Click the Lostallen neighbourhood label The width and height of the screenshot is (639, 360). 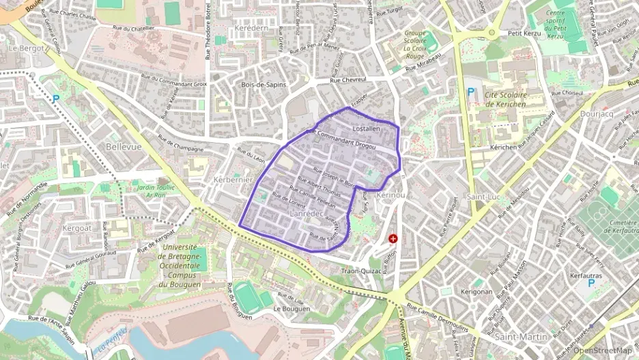pyautogui.click(x=366, y=128)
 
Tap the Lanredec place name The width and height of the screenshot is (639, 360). pyautogui.click(x=306, y=214)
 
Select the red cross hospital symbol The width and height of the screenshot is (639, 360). pyautogui.click(x=393, y=238)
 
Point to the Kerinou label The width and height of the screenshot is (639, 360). pyautogui.click(x=390, y=195)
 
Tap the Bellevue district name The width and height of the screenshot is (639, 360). pyautogui.click(x=124, y=147)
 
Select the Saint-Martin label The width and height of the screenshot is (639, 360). pyautogui.click(x=521, y=336)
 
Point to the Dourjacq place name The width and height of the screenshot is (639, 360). pyautogui.click(x=598, y=113)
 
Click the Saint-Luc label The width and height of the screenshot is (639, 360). pyautogui.click(x=481, y=197)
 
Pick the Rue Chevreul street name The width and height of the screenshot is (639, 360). pyautogui.click(x=349, y=80)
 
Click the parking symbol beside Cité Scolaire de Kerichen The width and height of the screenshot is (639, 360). pyautogui.click(x=470, y=92)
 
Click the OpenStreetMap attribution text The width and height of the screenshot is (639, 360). pyautogui.click(x=602, y=350)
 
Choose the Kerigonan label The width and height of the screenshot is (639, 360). pyautogui.click(x=476, y=292)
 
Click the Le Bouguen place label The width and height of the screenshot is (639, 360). pyautogui.click(x=292, y=309)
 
